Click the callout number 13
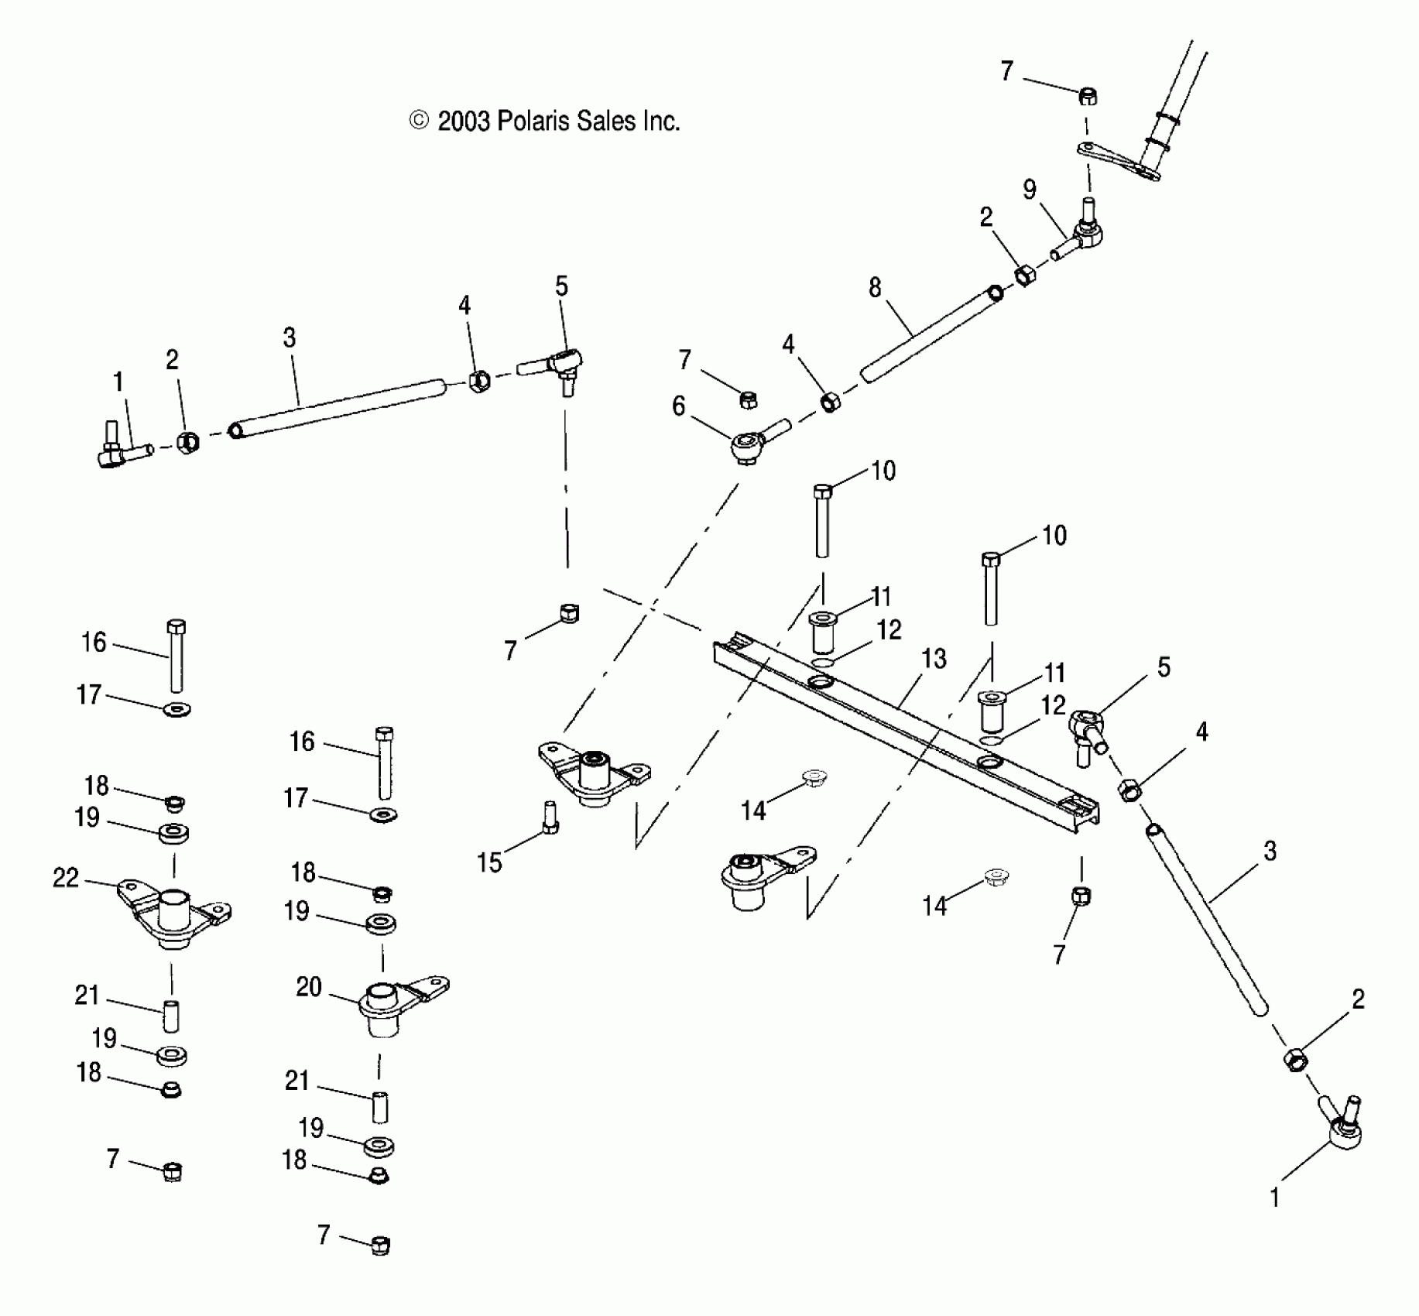pos(934,659)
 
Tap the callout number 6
pos(678,406)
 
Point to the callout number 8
pos(874,288)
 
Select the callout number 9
pos(1029,190)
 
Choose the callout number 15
pos(489,862)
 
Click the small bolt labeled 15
pos(549,817)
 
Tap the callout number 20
pos(308,987)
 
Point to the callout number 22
pos(66,878)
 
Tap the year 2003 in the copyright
pos(464,122)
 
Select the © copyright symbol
pos(419,120)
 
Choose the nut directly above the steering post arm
pos(1088,97)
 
